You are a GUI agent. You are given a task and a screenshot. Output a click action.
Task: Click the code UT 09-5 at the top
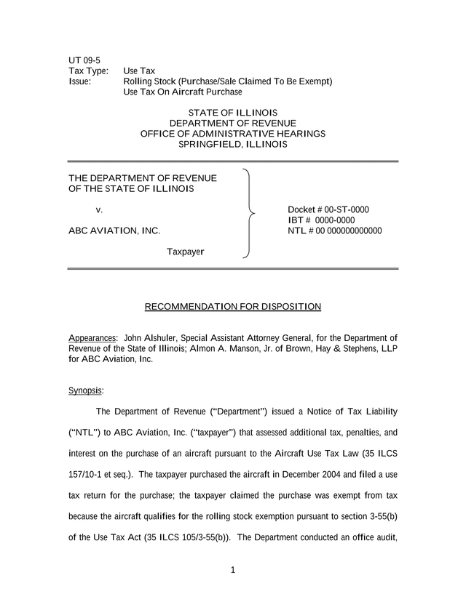[x=84, y=59]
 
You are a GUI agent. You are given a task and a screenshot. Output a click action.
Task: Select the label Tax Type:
[x=89, y=71]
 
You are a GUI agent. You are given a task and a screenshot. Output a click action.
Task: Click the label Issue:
[x=79, y=81]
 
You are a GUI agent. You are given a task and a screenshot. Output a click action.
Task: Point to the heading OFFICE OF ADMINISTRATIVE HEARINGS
[x=232, y=134]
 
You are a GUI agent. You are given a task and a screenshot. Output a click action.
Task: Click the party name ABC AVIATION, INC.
[x=114, y=231]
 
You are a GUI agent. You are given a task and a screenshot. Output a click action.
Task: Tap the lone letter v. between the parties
[x=100, y=209]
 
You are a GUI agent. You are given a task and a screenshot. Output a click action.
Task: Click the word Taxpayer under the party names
[x=186, y=252]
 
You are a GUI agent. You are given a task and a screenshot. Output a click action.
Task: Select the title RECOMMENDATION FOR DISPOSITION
[x=233, y=306]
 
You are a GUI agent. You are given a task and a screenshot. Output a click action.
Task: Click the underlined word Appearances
[x=92, y=338]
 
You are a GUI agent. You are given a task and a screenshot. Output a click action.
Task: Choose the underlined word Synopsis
[x=85, y=390]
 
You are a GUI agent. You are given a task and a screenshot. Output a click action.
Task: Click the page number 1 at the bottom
[x=233, y=570]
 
